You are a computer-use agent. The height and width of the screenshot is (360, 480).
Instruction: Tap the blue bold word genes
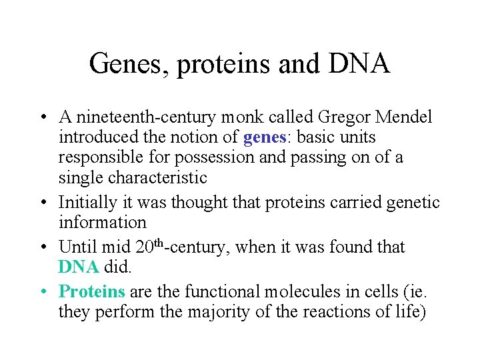(x=264, y=138)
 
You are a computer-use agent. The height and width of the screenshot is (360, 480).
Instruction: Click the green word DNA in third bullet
(x=78, y=267)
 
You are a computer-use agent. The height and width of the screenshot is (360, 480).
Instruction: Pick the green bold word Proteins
(x=92, y=291)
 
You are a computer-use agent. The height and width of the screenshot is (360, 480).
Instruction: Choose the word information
(x=102, y=222)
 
